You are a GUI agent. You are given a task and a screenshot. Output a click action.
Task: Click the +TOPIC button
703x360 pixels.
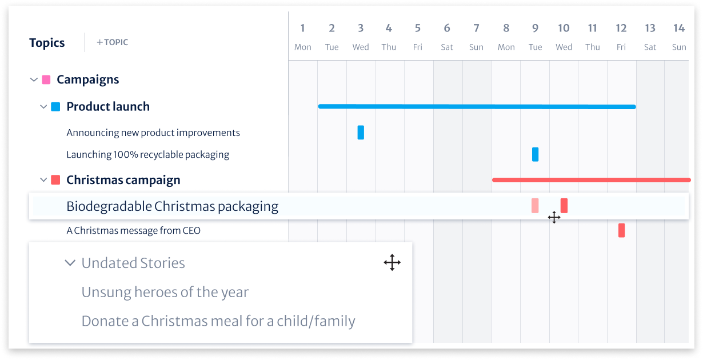(113, 42)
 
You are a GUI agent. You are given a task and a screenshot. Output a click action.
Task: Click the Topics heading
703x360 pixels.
(47, 43)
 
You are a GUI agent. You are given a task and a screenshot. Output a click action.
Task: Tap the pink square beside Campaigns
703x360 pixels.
(46, 79)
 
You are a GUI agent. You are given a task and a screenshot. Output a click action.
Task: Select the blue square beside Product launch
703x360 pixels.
(55, 106)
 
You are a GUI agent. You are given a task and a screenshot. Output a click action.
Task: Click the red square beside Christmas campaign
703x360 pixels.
(55, 180)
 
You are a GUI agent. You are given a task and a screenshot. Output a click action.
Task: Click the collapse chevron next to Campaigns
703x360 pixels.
(33, 80)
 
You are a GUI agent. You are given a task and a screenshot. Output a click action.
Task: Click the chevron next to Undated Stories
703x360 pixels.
(70, 263)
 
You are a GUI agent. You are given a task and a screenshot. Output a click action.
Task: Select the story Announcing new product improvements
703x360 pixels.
(153, 133)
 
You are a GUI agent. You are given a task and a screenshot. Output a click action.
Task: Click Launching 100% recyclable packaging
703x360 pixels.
(147, 154)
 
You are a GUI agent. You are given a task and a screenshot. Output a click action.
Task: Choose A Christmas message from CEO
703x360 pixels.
(133, 231)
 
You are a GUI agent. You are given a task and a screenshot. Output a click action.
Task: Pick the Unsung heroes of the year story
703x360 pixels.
(165, 293)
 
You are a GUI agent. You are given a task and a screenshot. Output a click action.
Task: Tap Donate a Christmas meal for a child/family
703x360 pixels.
(218, 321)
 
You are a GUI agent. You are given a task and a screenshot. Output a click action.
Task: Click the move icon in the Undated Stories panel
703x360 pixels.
(392, 263)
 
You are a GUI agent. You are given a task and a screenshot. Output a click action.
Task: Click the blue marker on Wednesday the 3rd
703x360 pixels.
(361, 133)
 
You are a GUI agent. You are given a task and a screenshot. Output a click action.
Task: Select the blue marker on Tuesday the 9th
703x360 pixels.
(535, 154)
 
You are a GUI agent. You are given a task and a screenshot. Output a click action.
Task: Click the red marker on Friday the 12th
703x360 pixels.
(621, 230)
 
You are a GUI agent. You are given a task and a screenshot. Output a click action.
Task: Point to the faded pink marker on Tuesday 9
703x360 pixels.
(535, 206)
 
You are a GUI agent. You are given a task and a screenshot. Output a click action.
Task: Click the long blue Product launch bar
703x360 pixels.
(477, 106)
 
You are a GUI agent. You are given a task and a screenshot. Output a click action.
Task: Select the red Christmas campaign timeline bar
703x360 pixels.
(591, 180)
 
